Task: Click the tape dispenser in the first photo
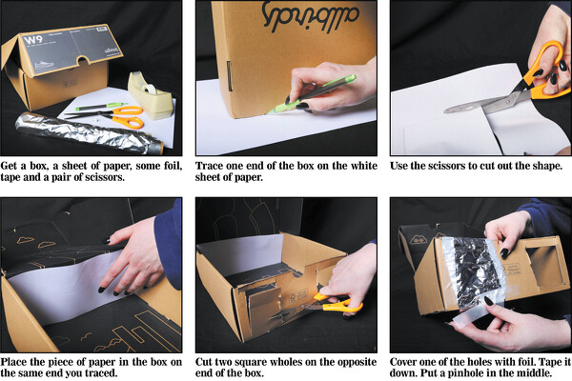click(x=151, y=96)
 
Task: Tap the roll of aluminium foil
click(x=89, y=133)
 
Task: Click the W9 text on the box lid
click(x=32, y=40)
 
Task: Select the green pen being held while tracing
click(x=312, y=94)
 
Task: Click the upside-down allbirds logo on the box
click(x=310, y=19)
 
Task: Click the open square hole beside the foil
click(x=542, y=266)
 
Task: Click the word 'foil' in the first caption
click(x=173, y=167)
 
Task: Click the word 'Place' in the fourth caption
click(x=14, y=362)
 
